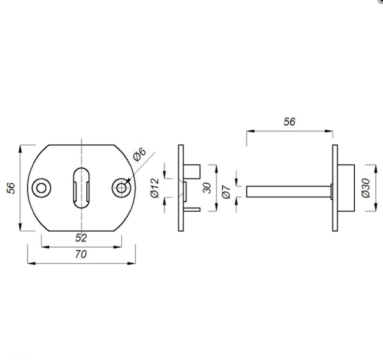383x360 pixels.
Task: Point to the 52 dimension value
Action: [81, 237]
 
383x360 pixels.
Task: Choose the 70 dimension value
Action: [81, 253]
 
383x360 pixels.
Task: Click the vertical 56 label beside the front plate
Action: [11, 188]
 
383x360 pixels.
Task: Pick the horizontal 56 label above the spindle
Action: [289, 123]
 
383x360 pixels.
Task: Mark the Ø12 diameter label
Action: [154, 188]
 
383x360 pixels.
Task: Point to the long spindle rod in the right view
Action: [287, 190]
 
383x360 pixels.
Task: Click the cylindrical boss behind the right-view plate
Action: [345, 189]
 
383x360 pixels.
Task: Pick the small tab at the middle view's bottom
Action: [193, 209]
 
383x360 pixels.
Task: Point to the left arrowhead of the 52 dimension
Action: [44, 244]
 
